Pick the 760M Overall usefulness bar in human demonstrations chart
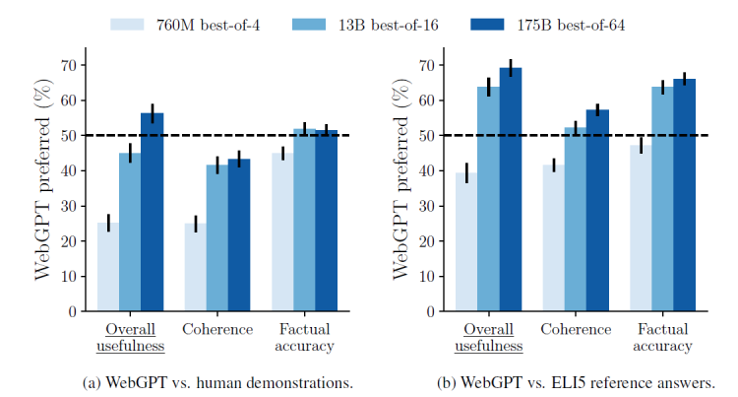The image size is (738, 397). [108, 266]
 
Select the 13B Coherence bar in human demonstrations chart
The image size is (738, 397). [217, 237]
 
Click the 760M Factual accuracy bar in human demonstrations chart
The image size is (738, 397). [282, 232]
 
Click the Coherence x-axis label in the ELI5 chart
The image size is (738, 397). [575, 330]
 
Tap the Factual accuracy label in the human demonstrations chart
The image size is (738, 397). [305, 338]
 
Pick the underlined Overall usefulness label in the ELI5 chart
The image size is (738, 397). [489, 338]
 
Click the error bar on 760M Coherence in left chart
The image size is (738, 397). [196, 224]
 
